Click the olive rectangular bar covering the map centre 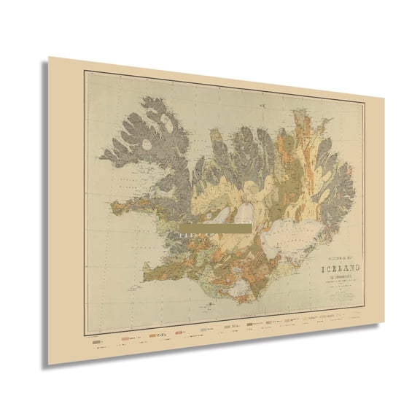214,228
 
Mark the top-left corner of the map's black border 84,70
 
